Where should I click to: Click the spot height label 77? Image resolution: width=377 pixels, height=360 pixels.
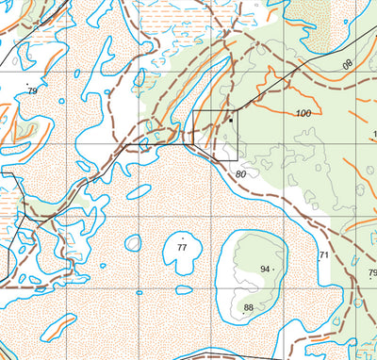[183, 247]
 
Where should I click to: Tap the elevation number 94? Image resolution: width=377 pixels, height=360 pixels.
[265, 270]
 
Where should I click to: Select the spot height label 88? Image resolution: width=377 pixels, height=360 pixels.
[249, 308]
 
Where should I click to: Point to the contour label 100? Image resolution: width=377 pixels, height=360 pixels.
[303, 113]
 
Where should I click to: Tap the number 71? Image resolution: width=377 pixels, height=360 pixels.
[323, 255]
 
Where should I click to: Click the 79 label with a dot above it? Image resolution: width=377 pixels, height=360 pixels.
[32, 90]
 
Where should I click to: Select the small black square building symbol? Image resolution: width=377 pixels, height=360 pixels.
[230, 120]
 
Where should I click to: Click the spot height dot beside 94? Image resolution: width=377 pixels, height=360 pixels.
[275, 270]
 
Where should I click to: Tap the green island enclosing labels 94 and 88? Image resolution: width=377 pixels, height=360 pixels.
[253, 273]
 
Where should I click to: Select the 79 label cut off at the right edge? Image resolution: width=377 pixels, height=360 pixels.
[371, 274]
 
